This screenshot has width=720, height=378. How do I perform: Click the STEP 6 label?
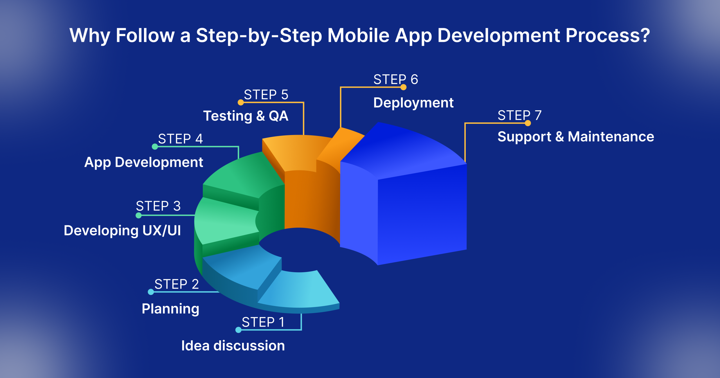point(395,80)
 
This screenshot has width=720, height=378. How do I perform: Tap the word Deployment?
point(413,103)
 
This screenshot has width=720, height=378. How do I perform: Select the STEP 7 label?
point(519,115)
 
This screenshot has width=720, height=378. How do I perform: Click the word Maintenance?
point(611,137)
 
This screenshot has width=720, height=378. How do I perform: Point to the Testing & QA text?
point(246,116)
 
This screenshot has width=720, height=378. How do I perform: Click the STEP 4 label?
point(180,139)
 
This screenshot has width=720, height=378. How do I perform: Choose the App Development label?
point(143,162)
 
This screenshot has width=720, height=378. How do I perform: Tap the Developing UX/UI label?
point(122,231)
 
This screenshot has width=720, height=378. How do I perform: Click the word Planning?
point(170,309)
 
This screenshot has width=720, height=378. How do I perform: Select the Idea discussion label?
point(233,346)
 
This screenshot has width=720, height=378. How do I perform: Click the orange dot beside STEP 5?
point(240,102)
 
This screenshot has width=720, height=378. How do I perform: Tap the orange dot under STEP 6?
point(403,87)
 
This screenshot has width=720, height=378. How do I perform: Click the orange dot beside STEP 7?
point(528,123)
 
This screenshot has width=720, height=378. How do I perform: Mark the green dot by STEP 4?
point(155,147)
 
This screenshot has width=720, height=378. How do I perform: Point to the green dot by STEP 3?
point(138,215)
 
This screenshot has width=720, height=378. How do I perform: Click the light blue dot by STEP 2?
point(151,292)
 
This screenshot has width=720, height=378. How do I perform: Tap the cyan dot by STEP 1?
point(238,330)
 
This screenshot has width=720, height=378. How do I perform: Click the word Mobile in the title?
point(358,36)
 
